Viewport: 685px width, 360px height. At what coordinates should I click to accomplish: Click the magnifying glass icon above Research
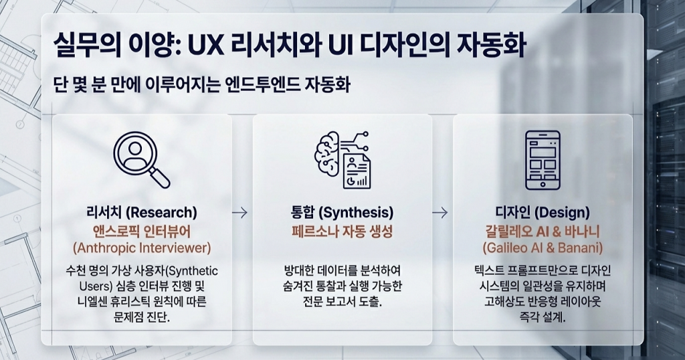(140, 159)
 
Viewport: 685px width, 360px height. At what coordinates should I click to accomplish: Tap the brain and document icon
(342, 159)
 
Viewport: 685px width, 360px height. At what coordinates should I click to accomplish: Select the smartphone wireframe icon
(543, 159)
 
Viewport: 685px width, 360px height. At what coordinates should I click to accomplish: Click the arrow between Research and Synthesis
(239, 213)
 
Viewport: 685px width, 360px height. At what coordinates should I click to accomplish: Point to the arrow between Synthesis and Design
(439, 213)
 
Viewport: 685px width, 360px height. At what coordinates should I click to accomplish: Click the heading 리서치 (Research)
(142, 213)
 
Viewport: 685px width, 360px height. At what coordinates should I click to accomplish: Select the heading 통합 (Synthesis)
(342, 213)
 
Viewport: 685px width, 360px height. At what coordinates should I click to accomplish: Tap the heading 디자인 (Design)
(543, 213)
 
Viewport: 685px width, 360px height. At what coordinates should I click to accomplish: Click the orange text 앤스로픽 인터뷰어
(142, 231)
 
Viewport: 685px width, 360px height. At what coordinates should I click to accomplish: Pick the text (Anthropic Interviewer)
(142, 248)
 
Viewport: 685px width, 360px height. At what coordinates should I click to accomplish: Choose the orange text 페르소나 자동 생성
(342, 232)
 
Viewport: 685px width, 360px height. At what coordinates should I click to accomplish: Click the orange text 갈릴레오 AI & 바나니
(543, 231)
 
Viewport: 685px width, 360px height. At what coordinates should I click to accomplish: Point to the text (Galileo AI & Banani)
(543, 248)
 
